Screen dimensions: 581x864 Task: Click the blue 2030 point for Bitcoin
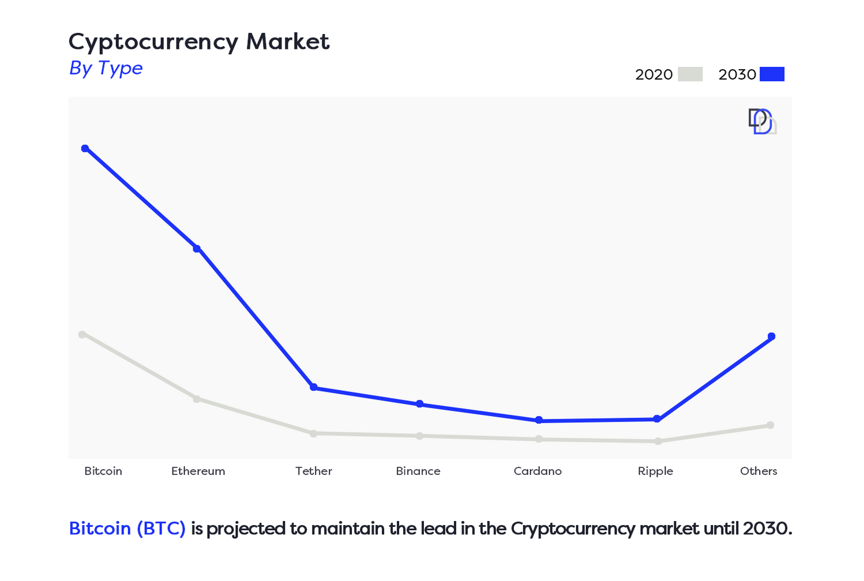(85, 149)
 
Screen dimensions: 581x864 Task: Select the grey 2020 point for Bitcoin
(82, 335)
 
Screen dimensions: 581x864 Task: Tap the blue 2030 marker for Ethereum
(197, 249)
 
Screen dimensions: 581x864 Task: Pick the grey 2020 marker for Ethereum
(197, 399)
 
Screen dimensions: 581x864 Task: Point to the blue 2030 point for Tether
(314, 387)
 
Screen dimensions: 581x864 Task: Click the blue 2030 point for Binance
(420, 404)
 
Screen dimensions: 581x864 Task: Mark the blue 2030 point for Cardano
(539, 421)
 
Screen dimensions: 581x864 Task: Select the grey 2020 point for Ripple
(658, 441)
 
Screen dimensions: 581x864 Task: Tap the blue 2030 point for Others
(772, 336)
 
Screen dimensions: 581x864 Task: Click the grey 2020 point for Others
(771, 425)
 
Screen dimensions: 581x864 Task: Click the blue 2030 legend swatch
(772, 74)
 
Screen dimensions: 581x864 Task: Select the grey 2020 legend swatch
(690, 74)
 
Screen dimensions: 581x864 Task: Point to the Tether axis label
(314, 471)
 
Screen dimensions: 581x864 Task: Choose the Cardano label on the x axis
(538, 471)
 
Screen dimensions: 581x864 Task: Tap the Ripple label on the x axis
(655, 471)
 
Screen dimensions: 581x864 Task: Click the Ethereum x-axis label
(198, 471)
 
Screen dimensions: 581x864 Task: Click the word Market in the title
(288, 42)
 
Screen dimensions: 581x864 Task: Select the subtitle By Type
(106, 68)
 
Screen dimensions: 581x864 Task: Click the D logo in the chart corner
(762, 121)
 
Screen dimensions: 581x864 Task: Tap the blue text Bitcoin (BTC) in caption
(127, 528)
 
